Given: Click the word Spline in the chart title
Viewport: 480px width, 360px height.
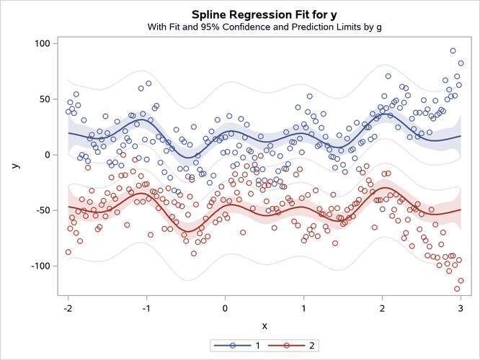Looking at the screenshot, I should coord(210,14).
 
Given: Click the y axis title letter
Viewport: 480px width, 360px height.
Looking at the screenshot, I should coord(15,166).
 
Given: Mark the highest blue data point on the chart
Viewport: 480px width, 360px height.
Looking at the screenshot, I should coord(453,51).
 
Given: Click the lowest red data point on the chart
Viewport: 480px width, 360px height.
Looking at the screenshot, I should coord(457,289).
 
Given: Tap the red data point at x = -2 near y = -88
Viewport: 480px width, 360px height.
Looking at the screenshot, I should coord(68,252).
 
